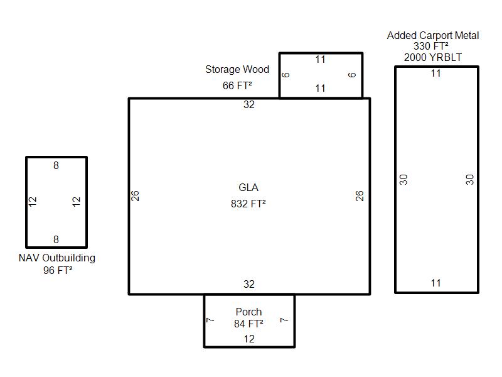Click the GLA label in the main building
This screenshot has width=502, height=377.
248,188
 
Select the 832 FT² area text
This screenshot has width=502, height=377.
248,204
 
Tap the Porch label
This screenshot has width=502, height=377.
248,312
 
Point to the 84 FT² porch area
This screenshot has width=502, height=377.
248,324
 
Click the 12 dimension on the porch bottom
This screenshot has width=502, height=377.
249,339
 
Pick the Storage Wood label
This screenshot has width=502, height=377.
237,70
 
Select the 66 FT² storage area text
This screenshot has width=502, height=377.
237,86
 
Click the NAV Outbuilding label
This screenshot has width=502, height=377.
56,258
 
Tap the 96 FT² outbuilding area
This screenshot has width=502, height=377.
56,271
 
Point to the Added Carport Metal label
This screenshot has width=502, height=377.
433,35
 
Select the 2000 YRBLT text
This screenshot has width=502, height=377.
433,57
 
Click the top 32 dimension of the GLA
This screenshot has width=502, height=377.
249,105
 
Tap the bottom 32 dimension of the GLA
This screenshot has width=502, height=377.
249,285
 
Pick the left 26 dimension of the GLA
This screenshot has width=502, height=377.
135,195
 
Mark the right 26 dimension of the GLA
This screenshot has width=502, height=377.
360,195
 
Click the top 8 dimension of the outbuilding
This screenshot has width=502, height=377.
56,166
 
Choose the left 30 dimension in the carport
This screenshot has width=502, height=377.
404,179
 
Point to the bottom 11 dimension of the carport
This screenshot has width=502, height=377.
436,283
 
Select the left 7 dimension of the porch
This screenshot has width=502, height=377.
210,320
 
